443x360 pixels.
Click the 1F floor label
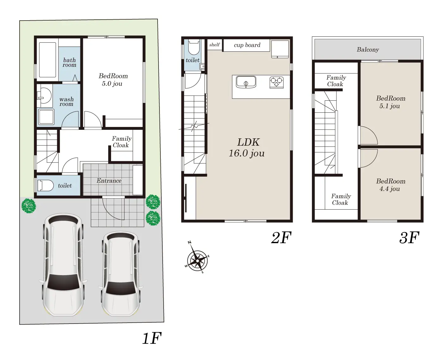152,338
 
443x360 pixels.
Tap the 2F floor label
281,238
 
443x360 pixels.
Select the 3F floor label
409,238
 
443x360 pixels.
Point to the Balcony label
368,49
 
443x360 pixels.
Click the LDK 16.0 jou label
247,148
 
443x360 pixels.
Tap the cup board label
247,45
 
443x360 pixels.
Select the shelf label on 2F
215,45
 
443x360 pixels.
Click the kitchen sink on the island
246,82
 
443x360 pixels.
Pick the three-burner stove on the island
277,83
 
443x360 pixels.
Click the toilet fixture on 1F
46,186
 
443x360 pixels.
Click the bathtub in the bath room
47,60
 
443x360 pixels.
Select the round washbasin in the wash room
44,96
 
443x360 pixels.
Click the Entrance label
109,180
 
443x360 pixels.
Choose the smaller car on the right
121,274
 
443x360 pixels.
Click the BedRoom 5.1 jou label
390,102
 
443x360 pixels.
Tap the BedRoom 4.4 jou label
390,185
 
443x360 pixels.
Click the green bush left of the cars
29,206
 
